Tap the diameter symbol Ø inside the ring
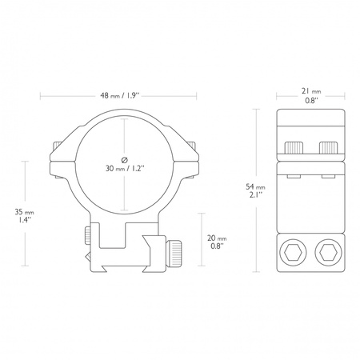(x=125, y=156)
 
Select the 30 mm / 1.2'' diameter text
(x=125, y=170)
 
